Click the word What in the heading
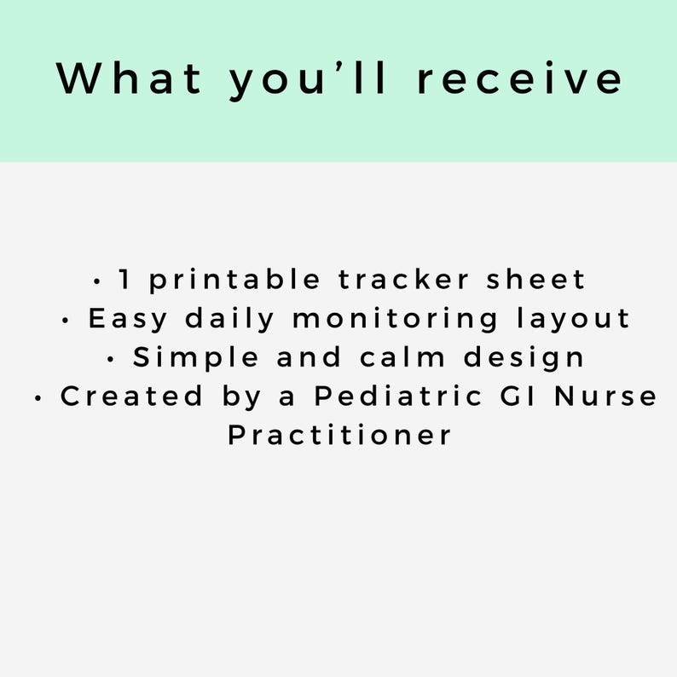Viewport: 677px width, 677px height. pos(130,78)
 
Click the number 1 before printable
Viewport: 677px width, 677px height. pos(124,279)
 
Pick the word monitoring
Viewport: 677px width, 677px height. pos(396,319)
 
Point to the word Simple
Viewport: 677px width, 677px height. pos(198,358)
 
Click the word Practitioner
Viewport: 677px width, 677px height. pos(339,435)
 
